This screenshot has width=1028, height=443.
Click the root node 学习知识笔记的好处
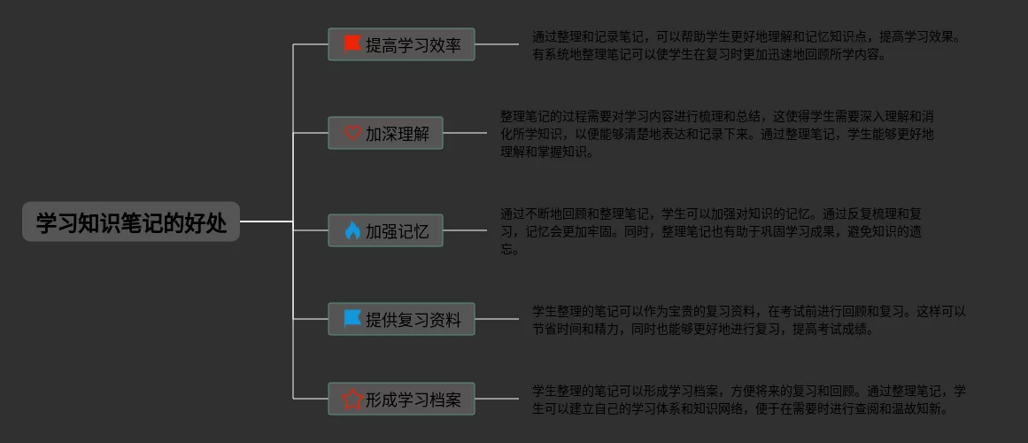pos(131,222)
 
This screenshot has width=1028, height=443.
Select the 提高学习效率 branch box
pos(401,44)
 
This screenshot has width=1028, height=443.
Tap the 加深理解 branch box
pos(385,133)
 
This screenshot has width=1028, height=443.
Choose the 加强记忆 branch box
pos(385,230)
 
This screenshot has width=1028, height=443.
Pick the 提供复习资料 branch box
pos(401,319)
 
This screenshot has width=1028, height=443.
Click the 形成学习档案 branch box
pos(401,400)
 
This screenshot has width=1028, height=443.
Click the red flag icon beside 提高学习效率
pos(352,44)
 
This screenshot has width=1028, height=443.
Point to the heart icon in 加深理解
pos(352,134)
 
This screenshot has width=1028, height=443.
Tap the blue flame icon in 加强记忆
pos(352,231)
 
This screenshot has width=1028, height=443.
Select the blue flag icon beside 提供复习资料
pos(352,319)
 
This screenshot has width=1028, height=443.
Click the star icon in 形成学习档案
pos(352,400)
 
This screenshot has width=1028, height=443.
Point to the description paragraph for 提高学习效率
pos(746,45)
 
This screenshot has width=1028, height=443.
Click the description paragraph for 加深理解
pos(717,134)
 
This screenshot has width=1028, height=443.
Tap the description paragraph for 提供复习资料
pos(748,320)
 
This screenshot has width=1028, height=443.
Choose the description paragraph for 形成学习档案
pos(748,400)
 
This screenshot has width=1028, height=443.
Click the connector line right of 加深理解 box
pos(465,133)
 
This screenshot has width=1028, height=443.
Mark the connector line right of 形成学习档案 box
pos(497,399)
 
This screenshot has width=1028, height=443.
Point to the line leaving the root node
pos(266,221)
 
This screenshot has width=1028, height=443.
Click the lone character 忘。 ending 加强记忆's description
pos(509,249)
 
